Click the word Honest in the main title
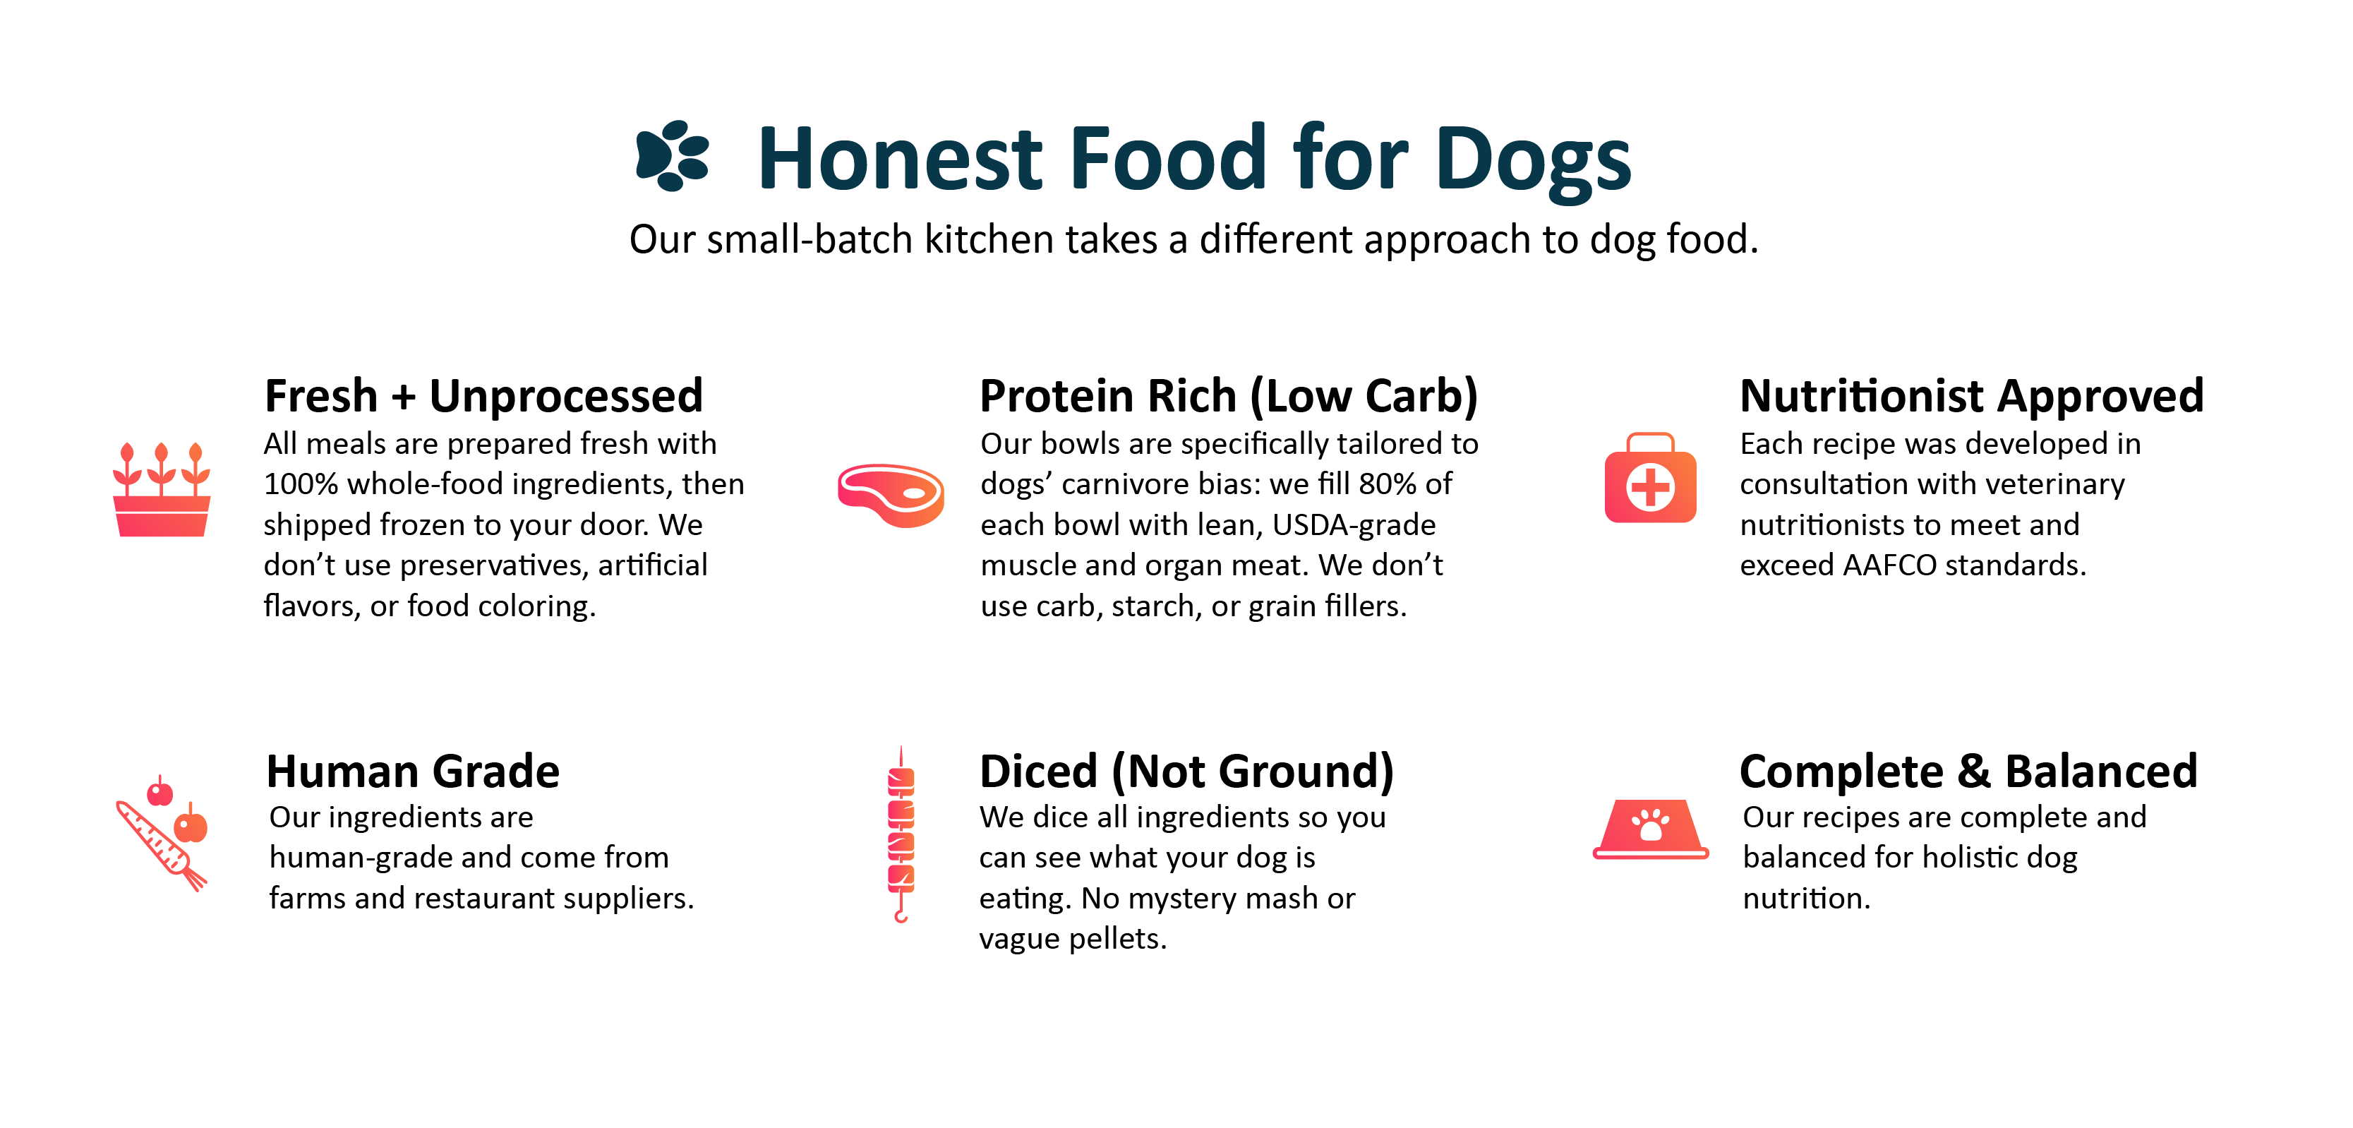tap(899, 159)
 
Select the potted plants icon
tap(162, 488)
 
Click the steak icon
tap(891, 495)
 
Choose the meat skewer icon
tap(901, 834)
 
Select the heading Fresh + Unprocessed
tap(483, 397)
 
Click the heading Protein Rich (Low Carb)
tap(1229, 397)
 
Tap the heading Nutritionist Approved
tap(1971, 397)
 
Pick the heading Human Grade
tap(413, 772)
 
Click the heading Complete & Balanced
tap(1968, 772)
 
